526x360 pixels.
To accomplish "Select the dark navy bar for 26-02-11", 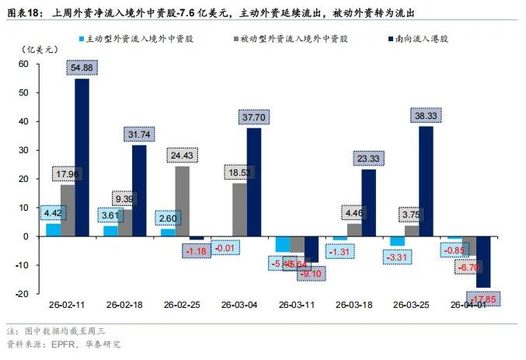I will pyautogui.click(x=82, y=156).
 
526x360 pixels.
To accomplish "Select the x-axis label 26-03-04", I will pyautogui.click(x=239, y=305).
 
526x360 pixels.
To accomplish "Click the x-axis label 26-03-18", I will pyautogui.click(x=354, y=305).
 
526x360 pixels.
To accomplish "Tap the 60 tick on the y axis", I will pyautogui.click(x=34, y=64).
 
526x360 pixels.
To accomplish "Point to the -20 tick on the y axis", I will pyautogui.click(x=33, y=293).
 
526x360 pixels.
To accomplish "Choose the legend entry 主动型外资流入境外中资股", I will pyautogui.click(x=137, y=37).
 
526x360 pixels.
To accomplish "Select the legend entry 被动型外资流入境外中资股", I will pyautogui.click(x=291, y=37).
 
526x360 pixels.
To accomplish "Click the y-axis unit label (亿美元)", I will pyautogui.click(x=42, y=49).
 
